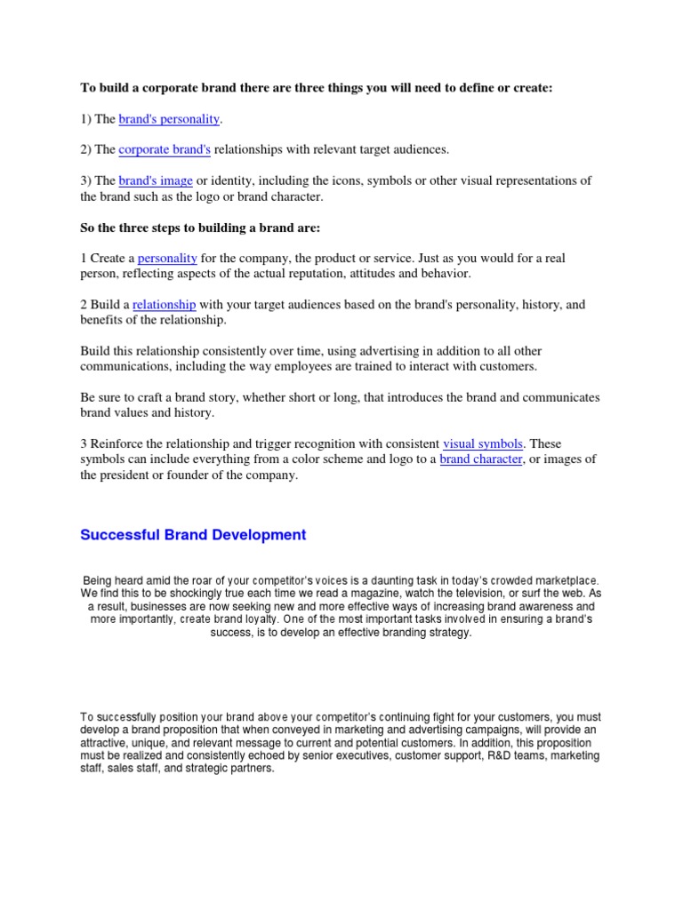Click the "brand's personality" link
pos(168,118)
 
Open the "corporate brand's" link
pos(165,149)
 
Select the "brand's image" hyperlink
pos(156,180)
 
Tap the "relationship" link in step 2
pos(165,304)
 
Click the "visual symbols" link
pos(483,443)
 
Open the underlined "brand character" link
pos(481,459)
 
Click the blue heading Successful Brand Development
pos(193,535)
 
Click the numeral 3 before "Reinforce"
pos(84,443)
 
